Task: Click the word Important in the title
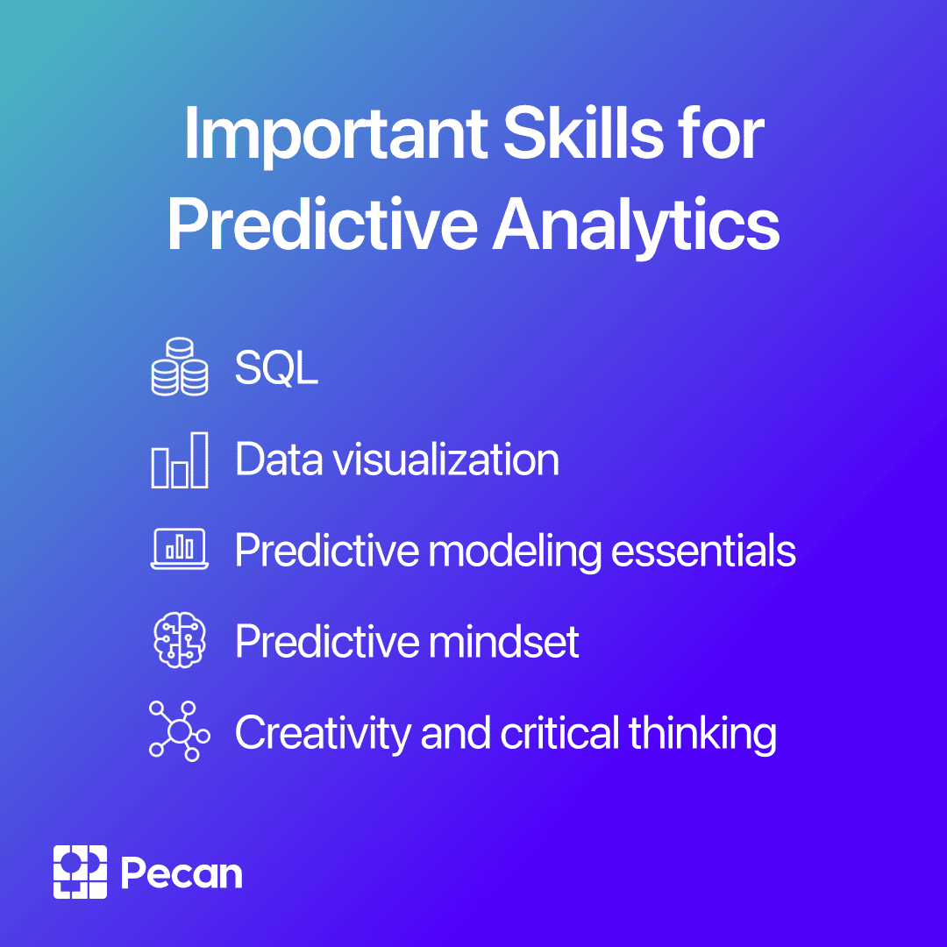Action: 336,135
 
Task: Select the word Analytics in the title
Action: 636,226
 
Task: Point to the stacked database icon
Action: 180,367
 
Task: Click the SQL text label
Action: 276,367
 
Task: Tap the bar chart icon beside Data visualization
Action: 180,459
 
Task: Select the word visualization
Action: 445,459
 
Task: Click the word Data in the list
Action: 279,459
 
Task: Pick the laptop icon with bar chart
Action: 180,549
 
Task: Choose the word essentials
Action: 703,551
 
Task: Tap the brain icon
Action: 180,640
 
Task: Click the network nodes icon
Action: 180,730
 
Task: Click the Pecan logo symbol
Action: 80,872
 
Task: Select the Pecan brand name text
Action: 182,872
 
